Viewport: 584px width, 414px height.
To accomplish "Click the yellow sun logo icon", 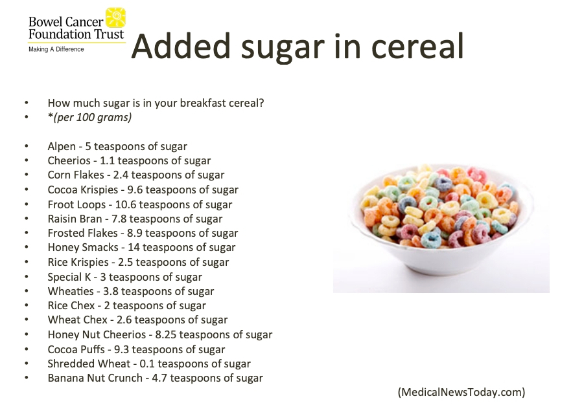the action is (115, 17).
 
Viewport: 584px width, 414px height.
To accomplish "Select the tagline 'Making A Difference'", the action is (56, 49).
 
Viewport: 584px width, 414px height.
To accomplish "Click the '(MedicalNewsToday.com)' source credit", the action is (461, 392).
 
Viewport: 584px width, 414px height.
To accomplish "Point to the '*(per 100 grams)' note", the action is (89, 117).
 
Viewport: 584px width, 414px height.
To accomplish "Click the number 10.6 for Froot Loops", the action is (126, 204).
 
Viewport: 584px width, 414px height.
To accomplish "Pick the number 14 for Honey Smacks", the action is (134, 247).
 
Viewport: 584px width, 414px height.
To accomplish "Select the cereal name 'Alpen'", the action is (62, 146).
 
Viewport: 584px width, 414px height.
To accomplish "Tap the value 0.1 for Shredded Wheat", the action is (146, 364).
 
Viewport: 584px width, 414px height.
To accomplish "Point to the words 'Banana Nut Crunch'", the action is (95, 378).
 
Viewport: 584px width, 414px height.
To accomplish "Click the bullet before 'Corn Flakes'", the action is (27, 175).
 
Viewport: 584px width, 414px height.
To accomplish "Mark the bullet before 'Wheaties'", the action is (27, 291).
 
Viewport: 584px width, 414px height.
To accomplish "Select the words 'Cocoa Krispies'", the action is (83, 190).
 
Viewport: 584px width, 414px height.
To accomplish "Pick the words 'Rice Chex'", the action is (71, 305).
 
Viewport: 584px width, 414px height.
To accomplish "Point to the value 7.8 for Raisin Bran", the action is (119, 219).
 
